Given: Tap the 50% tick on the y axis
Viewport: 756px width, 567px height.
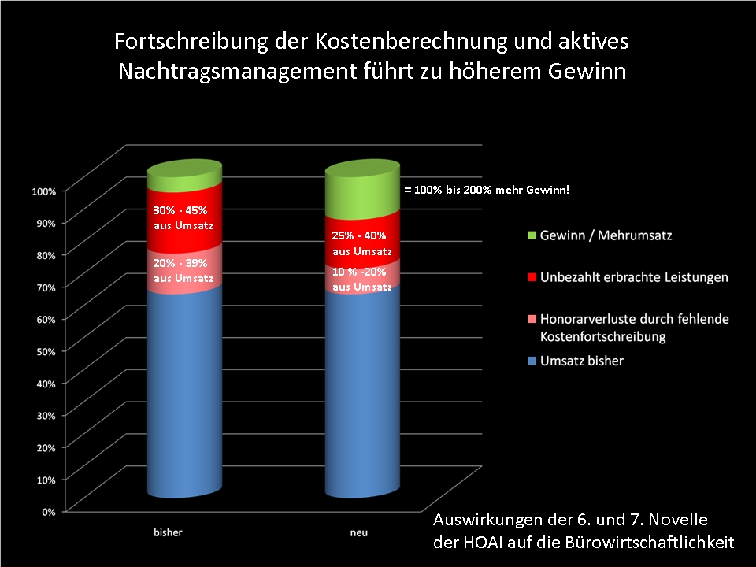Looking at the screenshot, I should coord(44,350).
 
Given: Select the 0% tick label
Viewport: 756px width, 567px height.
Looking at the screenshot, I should coord(46,511).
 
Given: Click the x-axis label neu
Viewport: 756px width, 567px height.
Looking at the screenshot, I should coord(358,533).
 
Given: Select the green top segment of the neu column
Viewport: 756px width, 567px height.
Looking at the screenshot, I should coord(363,193).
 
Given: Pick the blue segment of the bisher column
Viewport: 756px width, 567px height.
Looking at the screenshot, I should coord(184,394).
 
